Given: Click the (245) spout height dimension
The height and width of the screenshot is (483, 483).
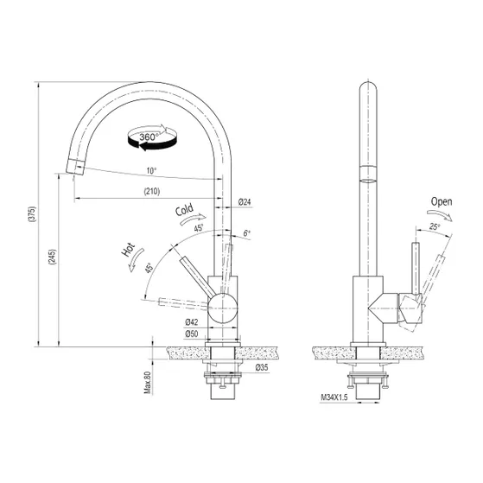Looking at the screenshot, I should click(x=52, y=257).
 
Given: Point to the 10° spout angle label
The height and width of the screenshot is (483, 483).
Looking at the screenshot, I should click(x=152, y=171).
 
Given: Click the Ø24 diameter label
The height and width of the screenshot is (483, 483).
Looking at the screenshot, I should click(x=245, y=202).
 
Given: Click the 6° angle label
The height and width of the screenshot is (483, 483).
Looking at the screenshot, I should click(x=247, y=234).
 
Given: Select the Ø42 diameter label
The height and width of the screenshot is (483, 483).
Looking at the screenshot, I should click(x=192, y=322).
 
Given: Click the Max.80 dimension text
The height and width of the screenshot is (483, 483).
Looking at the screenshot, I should click(x=148, y=379).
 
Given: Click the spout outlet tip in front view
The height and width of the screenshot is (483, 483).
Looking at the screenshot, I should click(x=74, y=169).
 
